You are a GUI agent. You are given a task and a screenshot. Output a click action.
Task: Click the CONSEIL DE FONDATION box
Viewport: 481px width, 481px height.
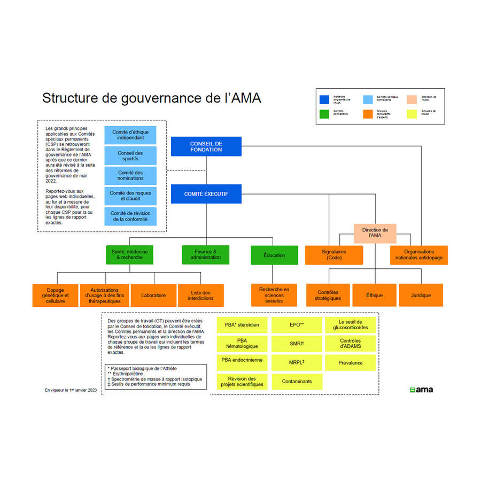point(206,146)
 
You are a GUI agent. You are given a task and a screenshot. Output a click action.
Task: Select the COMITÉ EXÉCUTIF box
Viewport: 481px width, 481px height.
point(206,194)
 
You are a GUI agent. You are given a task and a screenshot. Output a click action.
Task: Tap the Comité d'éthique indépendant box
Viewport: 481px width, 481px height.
point(130,135)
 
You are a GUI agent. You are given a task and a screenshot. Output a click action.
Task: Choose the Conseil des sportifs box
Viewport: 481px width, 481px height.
point(130,156)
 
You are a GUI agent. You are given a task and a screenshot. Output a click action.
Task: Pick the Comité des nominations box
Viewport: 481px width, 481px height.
point(130,176)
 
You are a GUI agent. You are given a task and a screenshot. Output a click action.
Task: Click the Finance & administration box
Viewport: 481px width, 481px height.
point(205,255)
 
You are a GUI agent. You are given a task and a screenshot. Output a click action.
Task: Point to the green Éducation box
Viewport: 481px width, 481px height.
point(274,255)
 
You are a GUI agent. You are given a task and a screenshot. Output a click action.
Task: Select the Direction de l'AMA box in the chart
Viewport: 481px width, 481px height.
point(375,233)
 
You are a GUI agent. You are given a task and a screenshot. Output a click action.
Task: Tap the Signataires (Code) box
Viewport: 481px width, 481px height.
point(334,255)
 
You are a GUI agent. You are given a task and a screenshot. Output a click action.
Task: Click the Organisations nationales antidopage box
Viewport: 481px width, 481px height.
point(418,255)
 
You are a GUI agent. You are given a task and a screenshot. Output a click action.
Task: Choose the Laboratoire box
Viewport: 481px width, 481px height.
point(153,295)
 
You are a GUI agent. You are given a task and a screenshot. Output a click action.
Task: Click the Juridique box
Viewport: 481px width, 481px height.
point(421,295)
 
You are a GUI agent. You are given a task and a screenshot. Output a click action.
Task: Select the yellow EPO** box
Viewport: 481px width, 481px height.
point(297,325)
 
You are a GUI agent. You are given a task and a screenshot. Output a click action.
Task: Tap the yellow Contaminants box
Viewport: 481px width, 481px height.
point(297,381)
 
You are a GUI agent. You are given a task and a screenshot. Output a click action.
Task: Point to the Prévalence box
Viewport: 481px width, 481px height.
point(350,363)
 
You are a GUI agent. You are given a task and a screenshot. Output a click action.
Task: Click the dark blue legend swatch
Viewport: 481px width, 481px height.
point(324,99)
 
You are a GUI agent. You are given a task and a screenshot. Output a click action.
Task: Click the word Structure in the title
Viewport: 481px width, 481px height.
point(67,98)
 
